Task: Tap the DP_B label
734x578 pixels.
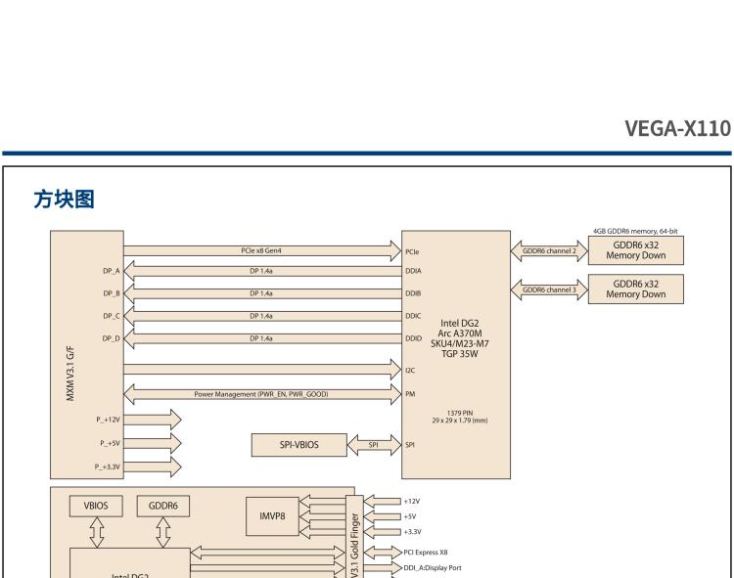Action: (x=110, y=293)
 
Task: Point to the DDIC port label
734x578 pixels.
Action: (x=413, y=316)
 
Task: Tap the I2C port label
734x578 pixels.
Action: (x=410, y=372)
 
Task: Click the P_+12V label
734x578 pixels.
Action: (x=109, y=419)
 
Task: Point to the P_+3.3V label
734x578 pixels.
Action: (x=108, y=466)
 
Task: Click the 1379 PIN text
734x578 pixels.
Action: (x=461, y=412)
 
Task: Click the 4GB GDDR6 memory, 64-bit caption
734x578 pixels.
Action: (x=635, y=231)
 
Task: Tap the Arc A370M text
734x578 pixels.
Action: (x=461, y=333)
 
